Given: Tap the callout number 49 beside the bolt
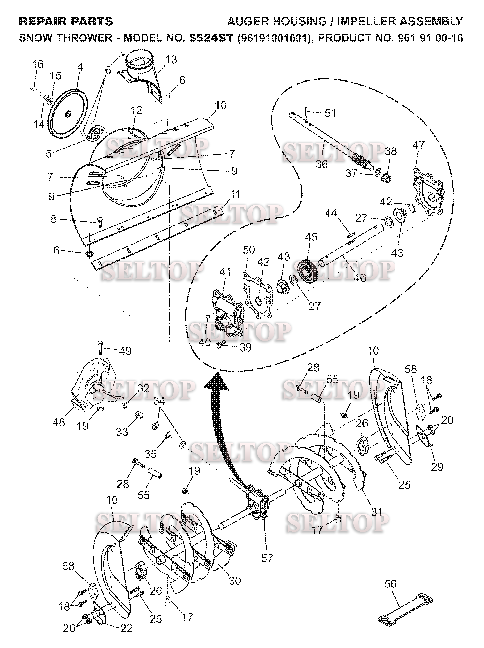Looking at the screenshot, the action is click(125, 351).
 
